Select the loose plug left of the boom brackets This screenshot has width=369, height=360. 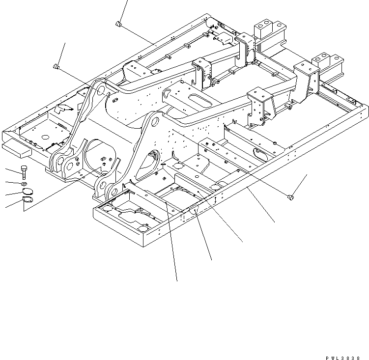pos(57,66)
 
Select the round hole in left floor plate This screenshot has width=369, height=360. pos(45,137)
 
